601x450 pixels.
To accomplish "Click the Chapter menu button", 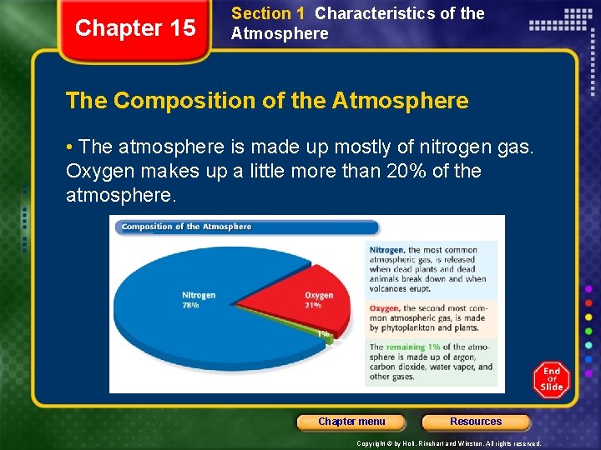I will pyautogui.click(x=351, y=422).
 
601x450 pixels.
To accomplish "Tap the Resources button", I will pyautogui.click(x=476, y=422).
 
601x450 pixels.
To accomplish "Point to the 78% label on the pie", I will pyautogui.click(x=191, y=306).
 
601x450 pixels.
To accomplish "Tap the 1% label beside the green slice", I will pyautogui.click(x=323, y=334).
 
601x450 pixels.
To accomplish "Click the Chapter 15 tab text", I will pyautogui.click(x=135, y=28).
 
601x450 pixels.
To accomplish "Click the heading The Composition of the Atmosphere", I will pyautogui.click(x=267, y=102).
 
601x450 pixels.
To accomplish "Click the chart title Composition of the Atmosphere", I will pyautogui.click(x=186, y=227).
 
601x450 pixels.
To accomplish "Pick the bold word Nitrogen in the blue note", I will pyautogui.click(x=386, y=249).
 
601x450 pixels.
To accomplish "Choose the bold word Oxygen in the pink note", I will pyautogui.click(x=384, y=308).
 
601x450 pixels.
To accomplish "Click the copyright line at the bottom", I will pyautogui.click(x=449, y=443).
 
